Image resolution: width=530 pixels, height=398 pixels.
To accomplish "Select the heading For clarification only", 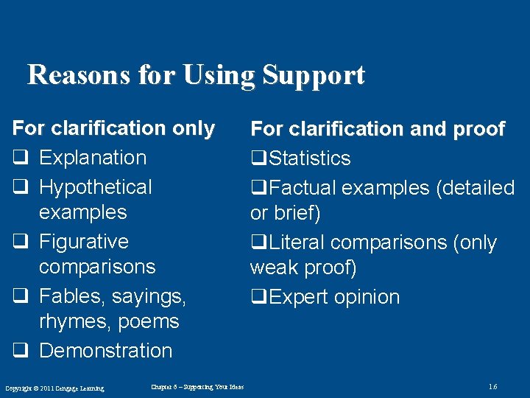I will point(113,128).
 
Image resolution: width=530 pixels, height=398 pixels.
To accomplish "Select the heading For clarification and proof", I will point(378,129).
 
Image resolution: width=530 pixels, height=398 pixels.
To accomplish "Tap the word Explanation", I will point(93,158).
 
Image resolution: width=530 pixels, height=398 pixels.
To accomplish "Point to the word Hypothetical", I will point(96,187).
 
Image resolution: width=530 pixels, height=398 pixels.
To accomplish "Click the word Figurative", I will point(84,242).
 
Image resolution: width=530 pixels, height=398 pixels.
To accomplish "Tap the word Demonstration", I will point(106,351).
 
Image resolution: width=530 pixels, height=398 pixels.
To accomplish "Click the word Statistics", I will point(309,158).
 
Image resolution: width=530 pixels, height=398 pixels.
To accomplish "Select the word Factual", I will point(302,188).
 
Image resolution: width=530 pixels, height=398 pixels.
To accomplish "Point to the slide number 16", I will point(492,387).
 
